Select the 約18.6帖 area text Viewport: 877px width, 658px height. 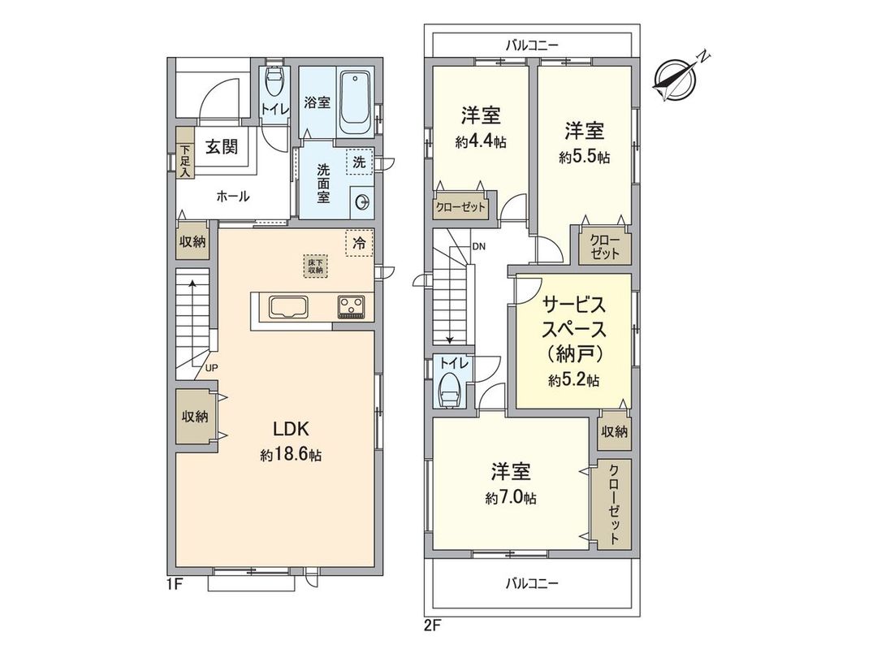point(291,456)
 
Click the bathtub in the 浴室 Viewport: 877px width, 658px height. point(355,104)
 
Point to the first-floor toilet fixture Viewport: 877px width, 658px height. point(274,84)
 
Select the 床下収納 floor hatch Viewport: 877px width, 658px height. point(314,266)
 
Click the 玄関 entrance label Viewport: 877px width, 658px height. point(219,147)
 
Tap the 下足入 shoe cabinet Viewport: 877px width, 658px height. point(185,161)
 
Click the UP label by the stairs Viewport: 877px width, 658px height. point(211,368)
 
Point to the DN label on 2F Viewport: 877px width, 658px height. point(478,245)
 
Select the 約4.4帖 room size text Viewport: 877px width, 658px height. point(481,142)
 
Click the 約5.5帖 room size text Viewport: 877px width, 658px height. point(584,157)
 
